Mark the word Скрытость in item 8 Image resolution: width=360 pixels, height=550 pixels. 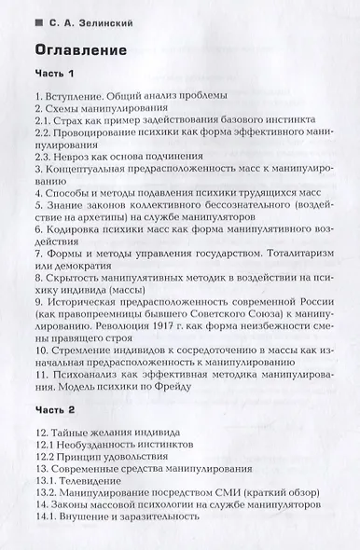tap(74, 277)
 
